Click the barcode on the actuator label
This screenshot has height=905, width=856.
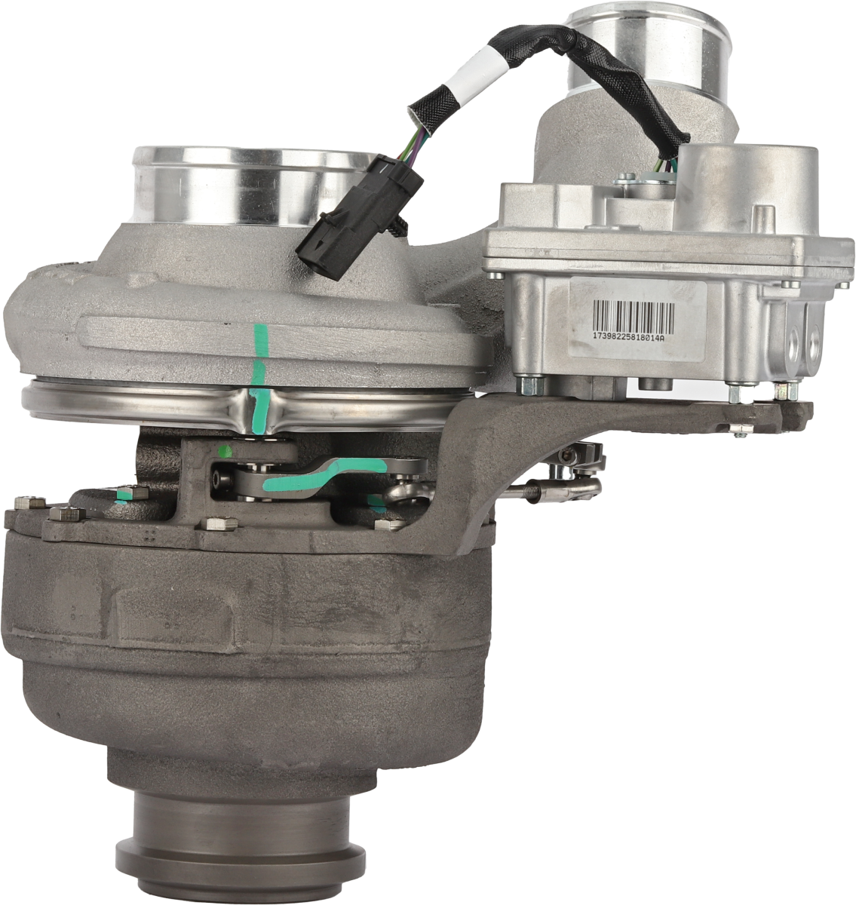click(634, 316)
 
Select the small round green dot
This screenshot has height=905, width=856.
click(226, 452)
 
